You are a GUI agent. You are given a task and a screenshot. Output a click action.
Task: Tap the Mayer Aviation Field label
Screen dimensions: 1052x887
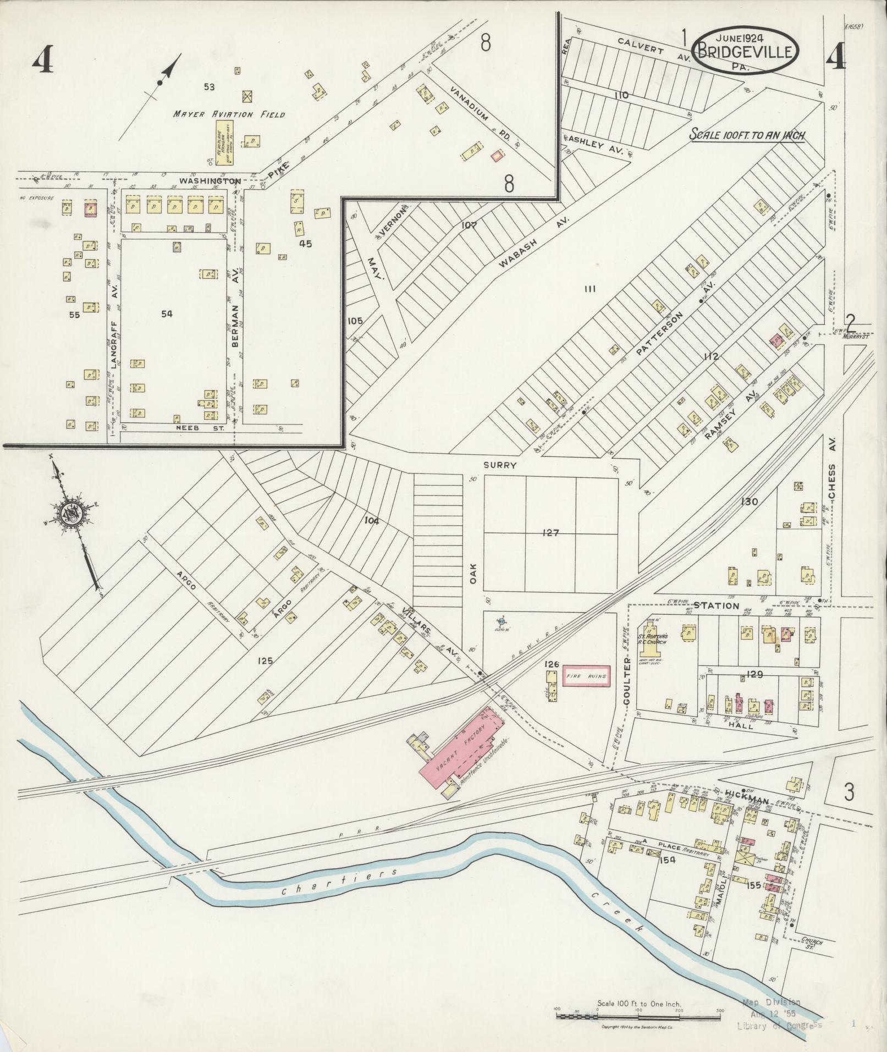(x=229, y=114)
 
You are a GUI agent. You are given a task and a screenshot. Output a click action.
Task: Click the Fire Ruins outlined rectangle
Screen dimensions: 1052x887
(x=586, y=676)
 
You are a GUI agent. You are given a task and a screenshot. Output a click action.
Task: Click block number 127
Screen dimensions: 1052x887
(x=550, y=532)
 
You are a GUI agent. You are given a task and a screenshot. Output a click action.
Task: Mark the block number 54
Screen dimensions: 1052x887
(x=167, y=313)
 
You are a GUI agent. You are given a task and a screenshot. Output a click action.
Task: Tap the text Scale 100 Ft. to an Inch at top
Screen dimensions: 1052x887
(x=747, y=135)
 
